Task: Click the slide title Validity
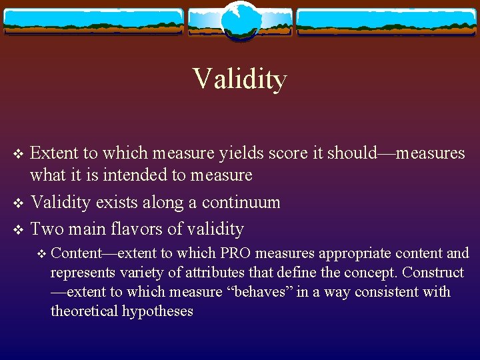(x=240, y=79)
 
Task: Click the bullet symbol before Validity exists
(x=19, y=203)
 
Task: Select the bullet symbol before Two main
(x=19, y=229)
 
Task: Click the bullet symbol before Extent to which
(x=19, y=154)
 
